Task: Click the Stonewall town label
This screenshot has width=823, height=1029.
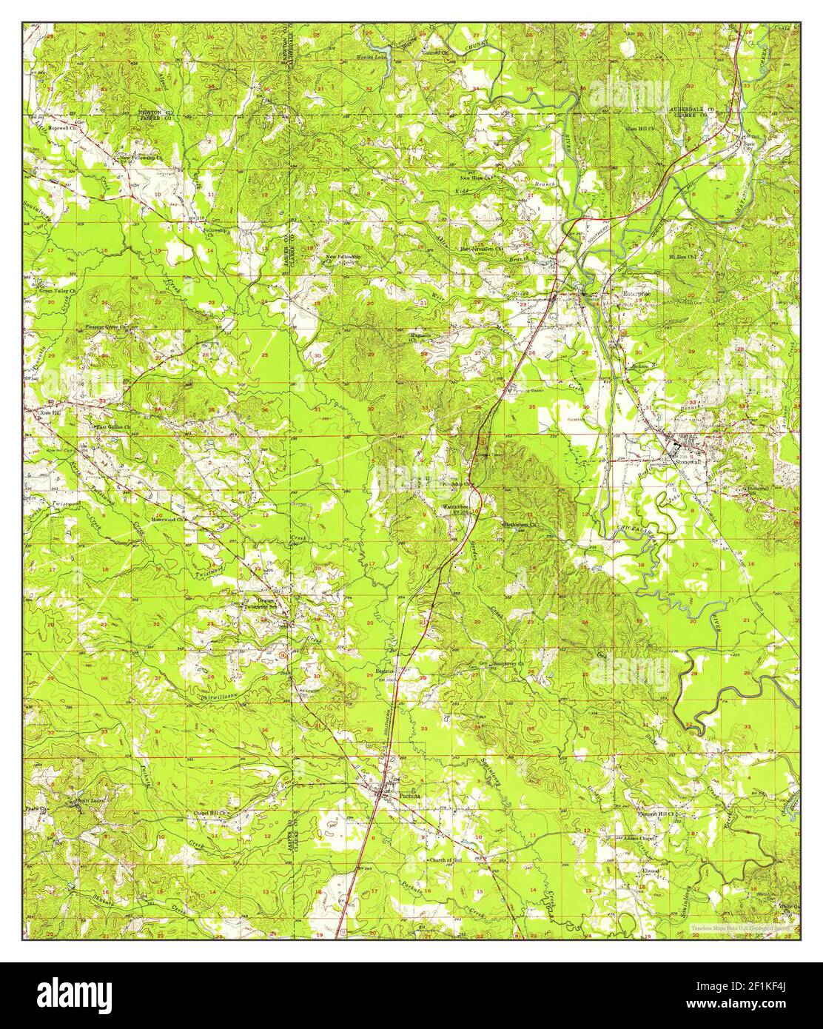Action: click(x=688, y=460)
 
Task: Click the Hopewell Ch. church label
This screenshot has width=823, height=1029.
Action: click(x=62, y=128)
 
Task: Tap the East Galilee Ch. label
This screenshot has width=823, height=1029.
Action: click(x=112, y=427)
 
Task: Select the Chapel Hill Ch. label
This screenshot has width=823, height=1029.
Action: click(x=211, y=813)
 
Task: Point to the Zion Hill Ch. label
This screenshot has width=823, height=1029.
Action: click(x=642, y=129)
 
